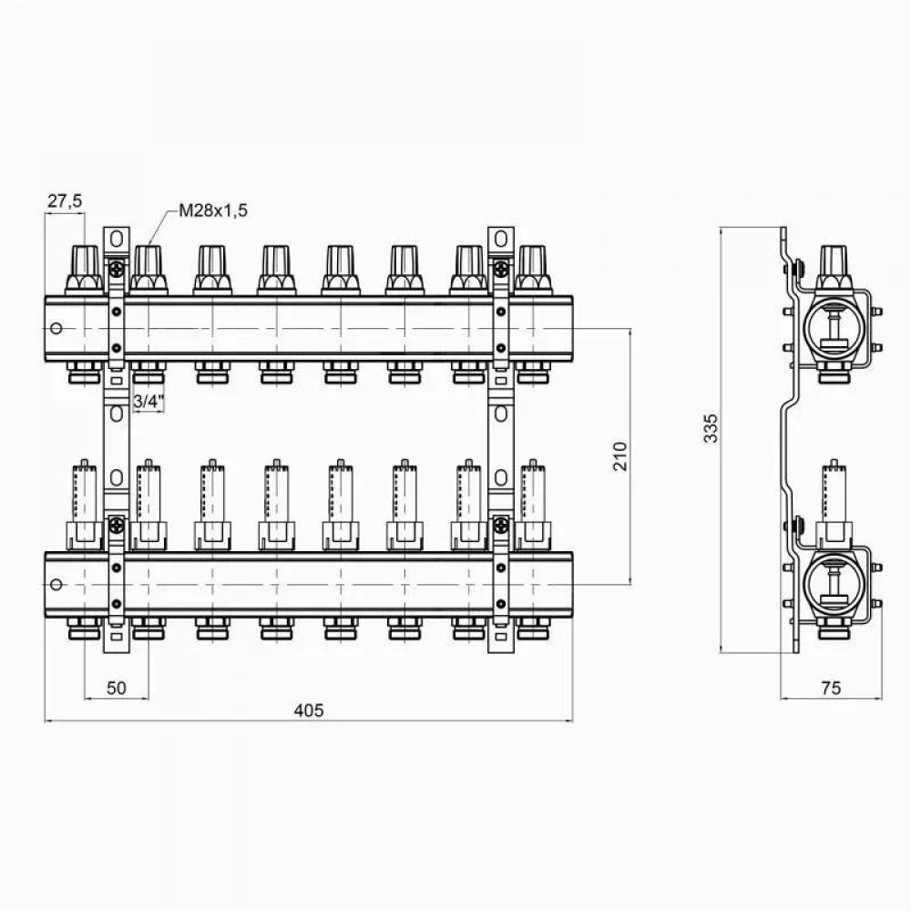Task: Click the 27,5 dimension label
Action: click(x=65, y=201)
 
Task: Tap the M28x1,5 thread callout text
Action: click(x=212, y=210)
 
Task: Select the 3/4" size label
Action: click(x=148, y=401)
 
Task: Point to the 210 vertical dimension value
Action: click(x=620, y=456)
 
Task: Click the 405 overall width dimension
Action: click(x=309, y=710)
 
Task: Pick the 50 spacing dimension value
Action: click(x=117, y=688)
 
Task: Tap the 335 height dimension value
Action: click(x=711, y=428)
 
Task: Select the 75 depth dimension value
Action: click(x=832, y=688)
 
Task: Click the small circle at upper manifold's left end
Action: click(x=56, y=328)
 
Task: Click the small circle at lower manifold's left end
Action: click(x=56, y=584)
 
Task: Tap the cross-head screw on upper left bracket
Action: click(x=117, y=269)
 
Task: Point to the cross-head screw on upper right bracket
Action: click(x=501, y=269)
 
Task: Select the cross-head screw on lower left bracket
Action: click(x=117, y=526)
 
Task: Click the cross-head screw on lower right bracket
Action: click(x=501, y=526)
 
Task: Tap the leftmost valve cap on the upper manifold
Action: click(x=85, y=269)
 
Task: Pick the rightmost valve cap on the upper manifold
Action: click(x=533, y=269)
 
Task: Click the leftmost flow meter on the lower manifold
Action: click(x=85, y=505)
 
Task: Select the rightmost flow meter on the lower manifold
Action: click(x=533, y=505)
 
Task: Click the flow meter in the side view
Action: click(x=834, y=503)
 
